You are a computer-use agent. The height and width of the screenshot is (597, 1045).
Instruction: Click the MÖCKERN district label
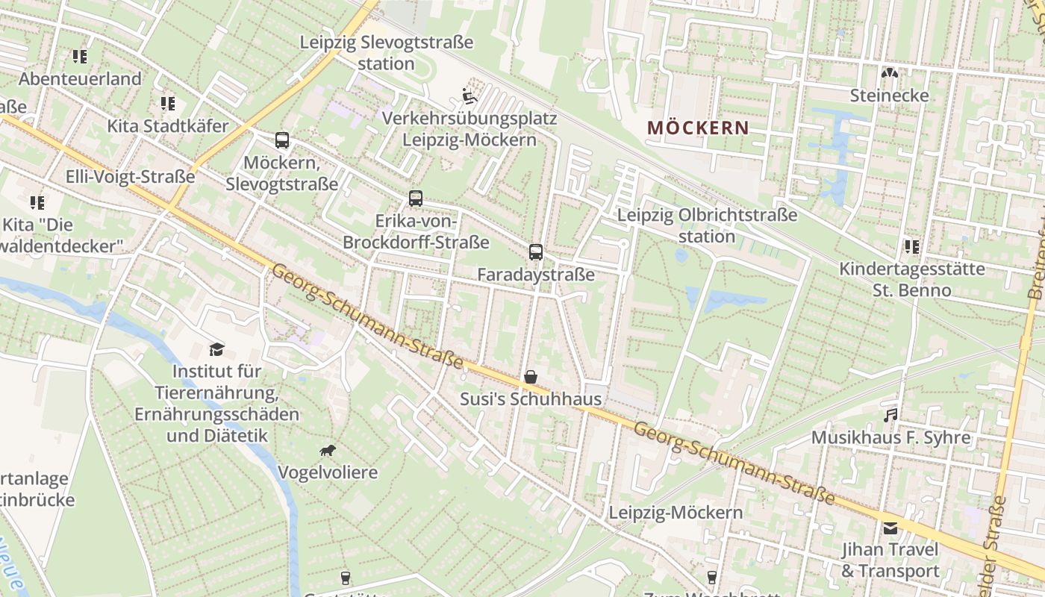pos(698,128)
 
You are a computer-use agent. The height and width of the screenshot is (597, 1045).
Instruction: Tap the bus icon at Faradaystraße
pos(536,252)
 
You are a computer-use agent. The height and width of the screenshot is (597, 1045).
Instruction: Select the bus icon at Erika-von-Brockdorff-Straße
pos(416,199)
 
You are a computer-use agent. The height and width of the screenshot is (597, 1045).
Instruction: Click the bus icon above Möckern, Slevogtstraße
pos(281,140)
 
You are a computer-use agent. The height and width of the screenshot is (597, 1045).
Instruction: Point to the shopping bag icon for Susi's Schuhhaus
pos(530,377)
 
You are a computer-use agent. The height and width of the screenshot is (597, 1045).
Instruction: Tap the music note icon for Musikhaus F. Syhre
pos(890,415)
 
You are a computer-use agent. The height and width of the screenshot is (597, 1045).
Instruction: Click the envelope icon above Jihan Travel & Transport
pos(890,528)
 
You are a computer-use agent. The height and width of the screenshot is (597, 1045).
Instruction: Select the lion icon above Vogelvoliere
pos(327,450)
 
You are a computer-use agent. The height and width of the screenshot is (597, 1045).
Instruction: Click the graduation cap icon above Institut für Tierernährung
pos(216,348)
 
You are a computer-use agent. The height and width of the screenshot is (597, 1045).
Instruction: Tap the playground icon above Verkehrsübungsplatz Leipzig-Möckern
pos(469,96)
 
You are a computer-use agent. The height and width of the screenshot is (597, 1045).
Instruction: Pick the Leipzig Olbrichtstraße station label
pos(707,226)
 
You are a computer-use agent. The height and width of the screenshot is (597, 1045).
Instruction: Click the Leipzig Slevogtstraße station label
pos(386,53)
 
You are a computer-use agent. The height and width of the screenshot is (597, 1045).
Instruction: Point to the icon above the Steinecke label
pos(889,73)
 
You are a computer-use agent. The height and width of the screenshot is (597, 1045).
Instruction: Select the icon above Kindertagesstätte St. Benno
pos(911,246)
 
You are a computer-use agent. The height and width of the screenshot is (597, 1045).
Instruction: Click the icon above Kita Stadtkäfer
pos(167,104)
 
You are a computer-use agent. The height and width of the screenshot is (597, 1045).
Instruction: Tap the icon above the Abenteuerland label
pos(80,56)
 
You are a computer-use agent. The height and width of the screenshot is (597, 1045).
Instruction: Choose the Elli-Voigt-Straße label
pos(131,177)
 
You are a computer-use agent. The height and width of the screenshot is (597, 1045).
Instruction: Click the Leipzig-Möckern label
pos(676,513)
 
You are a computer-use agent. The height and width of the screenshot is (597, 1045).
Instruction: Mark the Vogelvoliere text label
pos(328,472)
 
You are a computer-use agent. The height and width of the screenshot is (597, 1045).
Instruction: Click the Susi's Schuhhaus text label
pos(530,399)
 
